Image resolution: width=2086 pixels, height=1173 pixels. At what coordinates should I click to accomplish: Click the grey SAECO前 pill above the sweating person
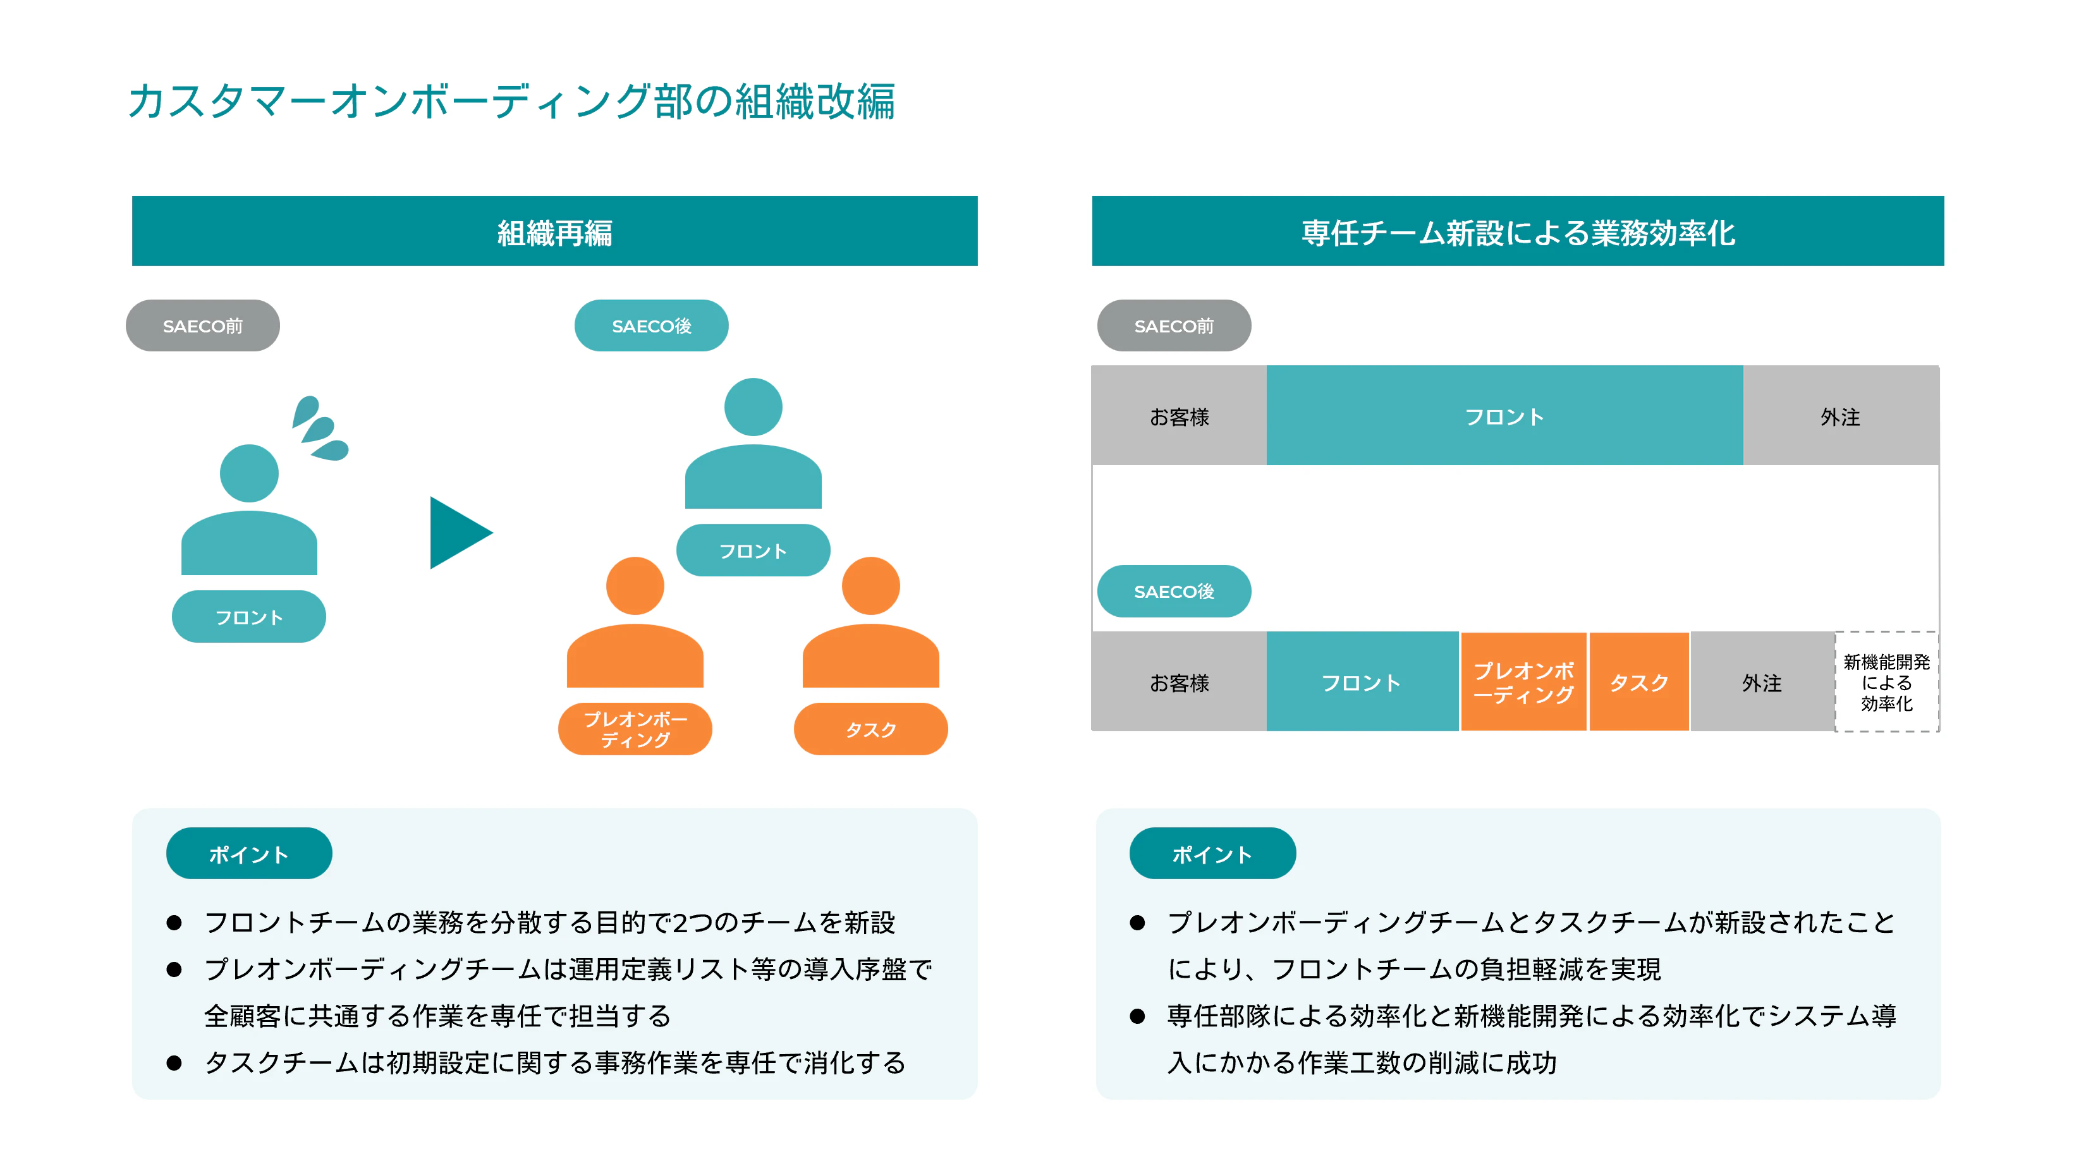click(202, 325)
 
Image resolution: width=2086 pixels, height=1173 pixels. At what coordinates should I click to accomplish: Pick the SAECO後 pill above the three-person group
click(651, 325)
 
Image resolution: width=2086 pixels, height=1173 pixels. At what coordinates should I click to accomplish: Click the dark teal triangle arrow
click(457, 533)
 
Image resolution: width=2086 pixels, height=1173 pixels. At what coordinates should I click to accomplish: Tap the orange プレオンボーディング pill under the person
click(635, 729)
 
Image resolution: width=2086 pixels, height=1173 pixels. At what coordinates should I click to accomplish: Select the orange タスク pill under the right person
click(870, 729)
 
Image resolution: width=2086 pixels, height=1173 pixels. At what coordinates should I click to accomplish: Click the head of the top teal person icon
click(753, 407)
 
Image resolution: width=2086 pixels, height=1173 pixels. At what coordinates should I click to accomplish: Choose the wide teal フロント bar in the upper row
click(1504, 416)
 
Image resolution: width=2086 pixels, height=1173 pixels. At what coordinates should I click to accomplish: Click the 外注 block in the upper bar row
click(1840, 416)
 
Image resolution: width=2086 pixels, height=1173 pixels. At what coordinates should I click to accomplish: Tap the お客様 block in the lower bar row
click(1179, 683)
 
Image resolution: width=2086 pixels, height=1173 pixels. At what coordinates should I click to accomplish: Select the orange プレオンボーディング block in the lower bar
click(1523, 683)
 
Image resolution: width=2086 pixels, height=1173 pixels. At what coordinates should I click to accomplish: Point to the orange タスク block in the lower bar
click(1639, 683)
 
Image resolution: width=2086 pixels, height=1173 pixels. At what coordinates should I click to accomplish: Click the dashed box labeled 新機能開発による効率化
click(1886, 683)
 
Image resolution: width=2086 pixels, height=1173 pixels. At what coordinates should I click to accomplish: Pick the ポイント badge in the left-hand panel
click(248, 853)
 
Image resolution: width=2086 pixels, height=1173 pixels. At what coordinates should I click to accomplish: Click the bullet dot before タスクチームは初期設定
click(174, 1063)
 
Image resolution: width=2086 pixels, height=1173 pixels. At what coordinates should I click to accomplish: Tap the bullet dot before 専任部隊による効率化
click(1137, 1016)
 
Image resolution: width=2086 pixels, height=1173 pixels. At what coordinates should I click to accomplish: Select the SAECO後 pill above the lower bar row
click(1173, 591)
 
